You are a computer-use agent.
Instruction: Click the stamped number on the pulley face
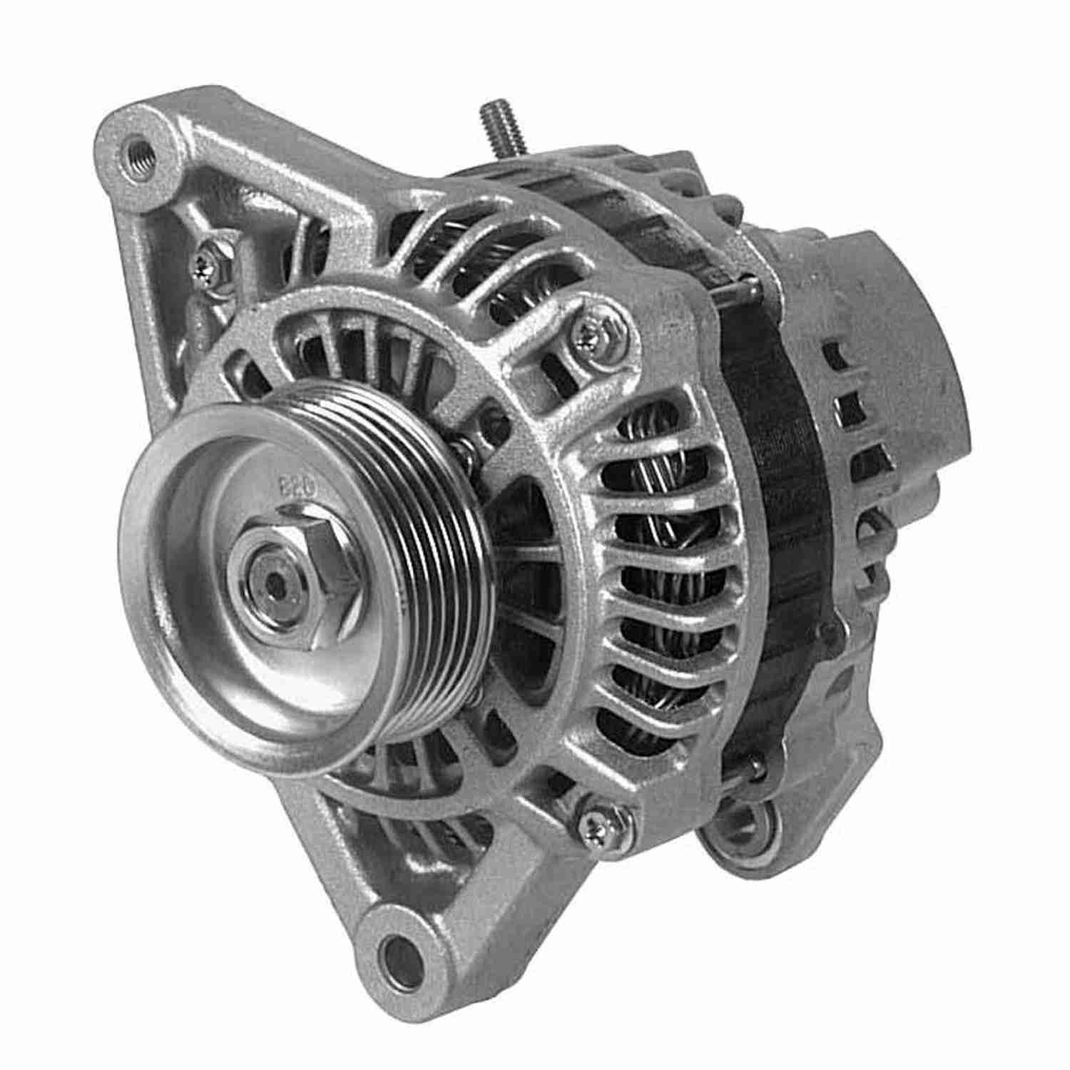(x=289, y=488)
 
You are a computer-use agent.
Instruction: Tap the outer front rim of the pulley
(x=143, y=642)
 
